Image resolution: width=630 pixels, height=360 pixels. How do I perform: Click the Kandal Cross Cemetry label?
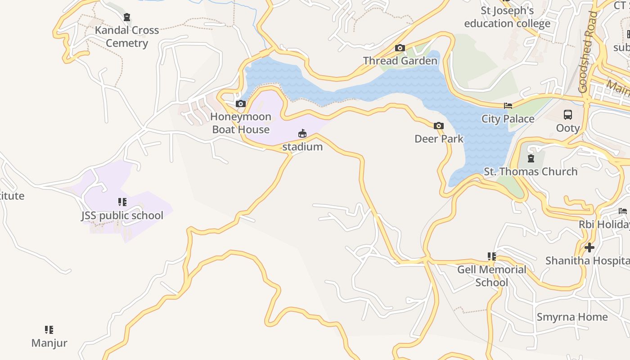click(x=127, y=36)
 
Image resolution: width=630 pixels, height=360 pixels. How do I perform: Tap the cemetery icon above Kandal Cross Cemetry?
click(x=127, y=18)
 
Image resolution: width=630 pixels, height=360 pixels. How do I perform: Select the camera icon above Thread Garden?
click(x=400, y=48)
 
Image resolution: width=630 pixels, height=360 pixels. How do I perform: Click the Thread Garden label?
click(x=400, y=61)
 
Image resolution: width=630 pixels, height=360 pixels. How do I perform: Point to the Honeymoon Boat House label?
click(x=241, y=123)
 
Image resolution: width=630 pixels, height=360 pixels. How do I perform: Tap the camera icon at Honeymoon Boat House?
click(x=241, y=104)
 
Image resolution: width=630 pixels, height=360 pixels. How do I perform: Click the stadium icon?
click(x=302, y=134)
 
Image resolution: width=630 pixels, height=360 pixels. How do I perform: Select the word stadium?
click(x=302, y=147)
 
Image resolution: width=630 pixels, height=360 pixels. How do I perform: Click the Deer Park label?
click(x=439, y=139)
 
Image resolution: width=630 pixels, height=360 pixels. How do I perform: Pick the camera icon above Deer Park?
click(x=439, y=126)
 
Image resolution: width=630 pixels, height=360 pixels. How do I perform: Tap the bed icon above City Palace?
click(x=508, y=106)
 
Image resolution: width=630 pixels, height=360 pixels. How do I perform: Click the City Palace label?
click(x=508, y=119)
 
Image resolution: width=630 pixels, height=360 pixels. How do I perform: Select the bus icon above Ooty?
click(x=568, y=115)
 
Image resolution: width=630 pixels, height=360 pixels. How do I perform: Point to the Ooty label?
click(x=568, y=128)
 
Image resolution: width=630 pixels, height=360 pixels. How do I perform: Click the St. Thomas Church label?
click(x=531, y=171)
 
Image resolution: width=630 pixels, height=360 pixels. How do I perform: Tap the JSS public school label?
click(x=122, y=216)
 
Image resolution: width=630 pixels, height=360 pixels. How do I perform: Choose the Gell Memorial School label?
click(x=491, y=276)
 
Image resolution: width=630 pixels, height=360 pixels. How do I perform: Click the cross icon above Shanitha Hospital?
click(x=589, y=247)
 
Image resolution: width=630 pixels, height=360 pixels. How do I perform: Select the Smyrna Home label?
click(x=572, y=317)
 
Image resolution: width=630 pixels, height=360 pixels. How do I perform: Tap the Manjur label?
click(x=49, y=343)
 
